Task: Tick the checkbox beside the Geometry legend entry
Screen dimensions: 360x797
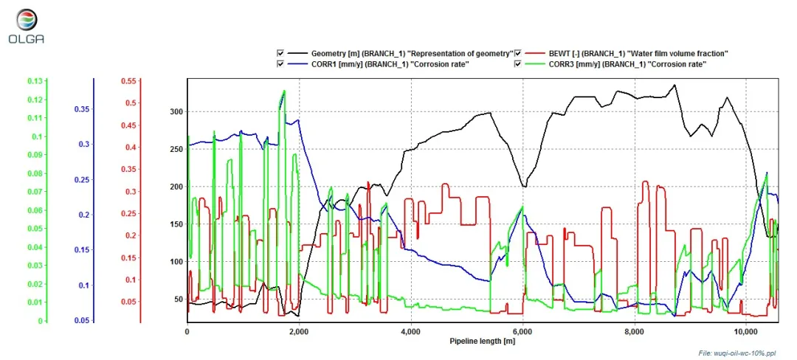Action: (x=280, y=53)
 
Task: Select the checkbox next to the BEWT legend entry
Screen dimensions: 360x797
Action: (x=519, y=53)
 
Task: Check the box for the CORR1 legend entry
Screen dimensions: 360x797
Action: (x=280, y=64)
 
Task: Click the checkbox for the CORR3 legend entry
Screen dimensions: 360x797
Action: (x=519, y=64)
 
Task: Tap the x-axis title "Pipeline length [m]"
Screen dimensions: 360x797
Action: (x=482, y=342)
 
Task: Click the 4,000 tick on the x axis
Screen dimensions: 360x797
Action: (x=410, y=332)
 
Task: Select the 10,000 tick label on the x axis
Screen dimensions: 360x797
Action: (x=746, y=332)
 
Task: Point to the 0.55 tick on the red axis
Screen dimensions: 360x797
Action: (x=130, y=81)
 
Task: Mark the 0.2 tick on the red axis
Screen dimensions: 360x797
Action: (x=132, y=235)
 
